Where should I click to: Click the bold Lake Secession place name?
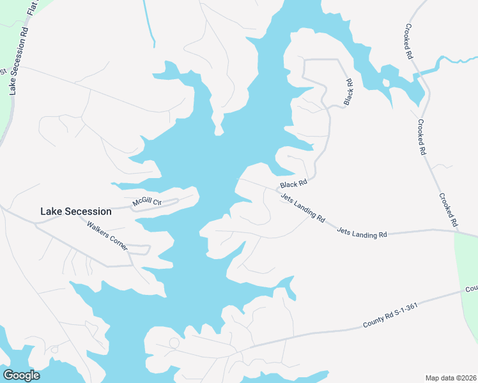pos(75,211)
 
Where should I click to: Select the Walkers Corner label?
pos(107,234)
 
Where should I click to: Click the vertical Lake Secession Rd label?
pos(18,61)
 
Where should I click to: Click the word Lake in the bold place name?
pos(51,211)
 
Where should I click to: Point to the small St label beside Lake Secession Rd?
pos(3,71)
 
